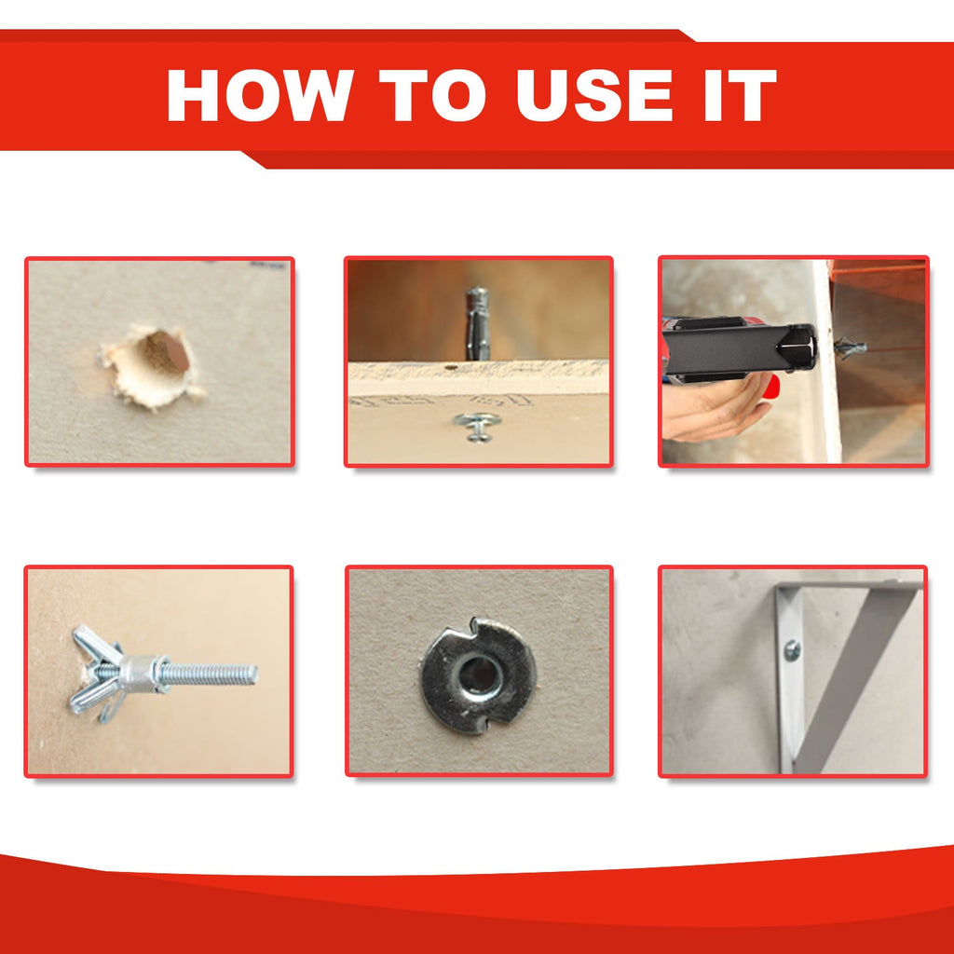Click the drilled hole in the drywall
pos(164,356)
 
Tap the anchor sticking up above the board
pos(476,322)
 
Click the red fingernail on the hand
pos(771,385)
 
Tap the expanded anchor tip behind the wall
pos(849,348)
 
